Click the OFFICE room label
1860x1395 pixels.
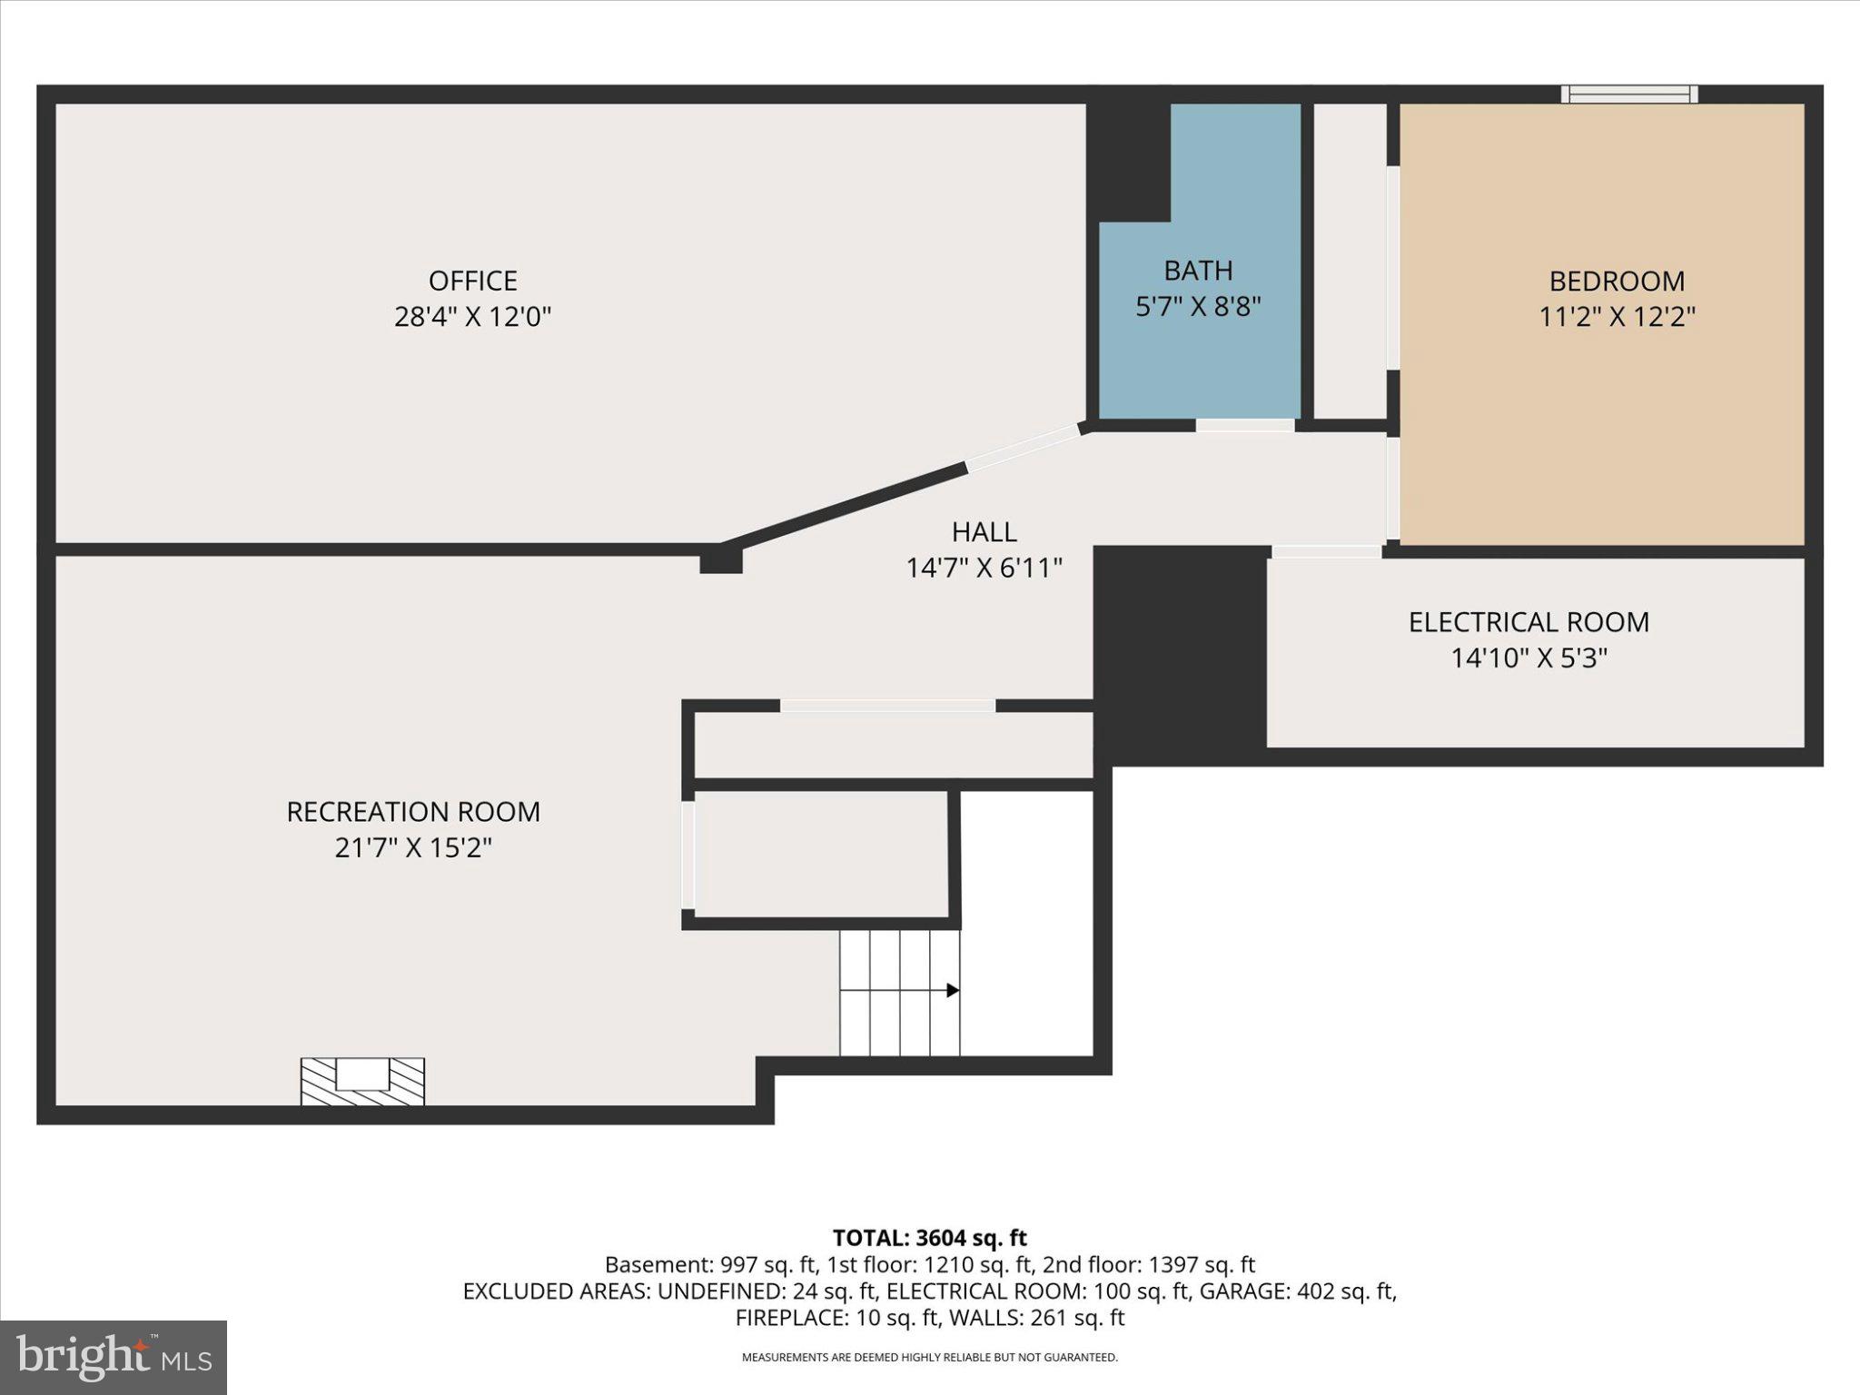click(x=472, y=280)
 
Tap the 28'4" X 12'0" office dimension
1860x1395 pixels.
click(x=472, y=317)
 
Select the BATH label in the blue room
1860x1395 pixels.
click(x=1198, y=271)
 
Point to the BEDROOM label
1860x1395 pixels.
click(x=1617, y=281)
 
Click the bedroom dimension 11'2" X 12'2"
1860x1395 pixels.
click(x=1617, y=317)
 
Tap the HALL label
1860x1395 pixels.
click(x=984, y=531)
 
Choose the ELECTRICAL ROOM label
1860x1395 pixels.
click(x=1529, y=622)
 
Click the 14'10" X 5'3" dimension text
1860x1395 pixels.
click(x=1529, y=658)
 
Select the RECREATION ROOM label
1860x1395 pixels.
click(x=413, y=812)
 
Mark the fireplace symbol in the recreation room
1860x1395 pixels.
click(x=362, y=1081)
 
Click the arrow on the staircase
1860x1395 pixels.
click(x=952, y=990)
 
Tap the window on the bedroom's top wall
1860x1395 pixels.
click(x=1629, y=94)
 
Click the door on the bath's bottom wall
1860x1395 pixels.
click(x=1244, y=425)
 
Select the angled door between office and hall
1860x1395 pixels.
click(x=1023, y=449)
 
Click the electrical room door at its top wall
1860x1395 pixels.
click(x=1326, y=551)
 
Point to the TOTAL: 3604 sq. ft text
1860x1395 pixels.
click(x=929, y=1238)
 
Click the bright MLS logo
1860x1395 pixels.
click(x=114, y=1357)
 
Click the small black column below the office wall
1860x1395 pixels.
click(x=721, y=562)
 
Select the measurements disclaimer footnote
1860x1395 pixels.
click(x=929, y=1358)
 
